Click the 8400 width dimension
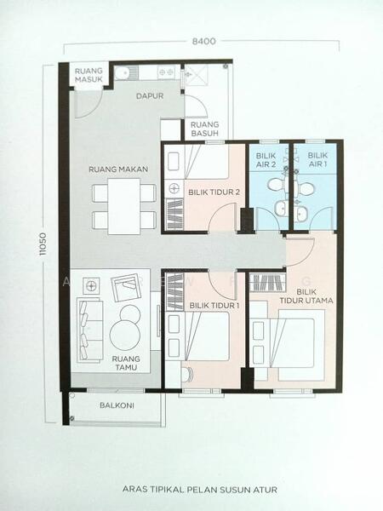click(x=204, y=42)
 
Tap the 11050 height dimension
click(x=43, y=244)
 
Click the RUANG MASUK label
click(x=89, y=75)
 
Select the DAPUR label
click(x=150, y=96)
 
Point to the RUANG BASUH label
click(x=204, y=129)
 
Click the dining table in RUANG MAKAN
click(x=124, y=206)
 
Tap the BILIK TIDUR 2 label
click(x=214, y=192)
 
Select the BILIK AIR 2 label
click(x=266, y=160)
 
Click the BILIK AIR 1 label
click(x=317, y=159)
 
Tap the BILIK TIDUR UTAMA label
click(x=306, y=296)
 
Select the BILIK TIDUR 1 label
click(x=214, y=306)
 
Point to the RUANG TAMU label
click(x=126, y=363)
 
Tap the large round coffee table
click(x=125, y=336)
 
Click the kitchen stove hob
click(x=166, y=72)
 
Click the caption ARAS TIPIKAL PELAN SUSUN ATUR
click(x=200, y=490)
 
